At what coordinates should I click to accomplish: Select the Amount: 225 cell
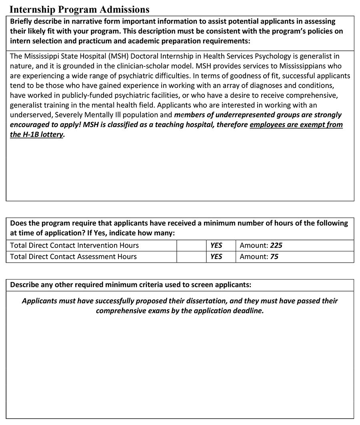coord(261,245)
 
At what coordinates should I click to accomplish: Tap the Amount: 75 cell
coord(259,257)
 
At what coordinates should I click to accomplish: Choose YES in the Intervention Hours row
coord(216,245)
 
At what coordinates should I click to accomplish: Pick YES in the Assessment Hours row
coord(216,257)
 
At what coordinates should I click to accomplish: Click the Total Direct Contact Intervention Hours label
coord(74,245)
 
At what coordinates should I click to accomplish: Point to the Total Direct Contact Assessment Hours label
coord(73,257)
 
